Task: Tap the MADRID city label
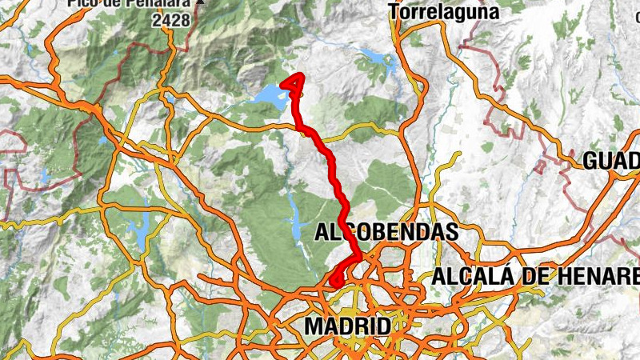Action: click(348, 326)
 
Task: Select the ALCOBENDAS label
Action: click(387, 233)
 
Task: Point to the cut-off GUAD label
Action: click(611, 161)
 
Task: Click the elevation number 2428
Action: click(173, 20)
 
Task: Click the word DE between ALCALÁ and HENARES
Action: click(532, 277)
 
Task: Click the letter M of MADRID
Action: click(314, 326)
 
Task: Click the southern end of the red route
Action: click(337, 282)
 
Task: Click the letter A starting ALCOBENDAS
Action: click(323, 233)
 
